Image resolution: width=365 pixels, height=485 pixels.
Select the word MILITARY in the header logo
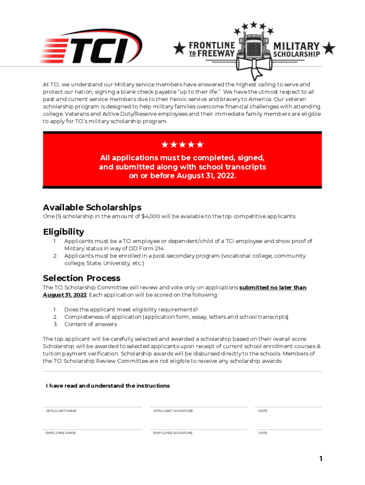297,46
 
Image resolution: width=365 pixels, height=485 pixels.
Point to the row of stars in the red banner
182,144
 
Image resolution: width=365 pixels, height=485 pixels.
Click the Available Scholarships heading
92,207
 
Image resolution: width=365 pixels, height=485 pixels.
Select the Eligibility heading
64,232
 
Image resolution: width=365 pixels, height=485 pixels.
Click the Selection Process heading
82,278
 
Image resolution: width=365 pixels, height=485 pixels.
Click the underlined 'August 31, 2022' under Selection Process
64,295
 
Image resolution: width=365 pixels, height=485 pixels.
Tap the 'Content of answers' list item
91,324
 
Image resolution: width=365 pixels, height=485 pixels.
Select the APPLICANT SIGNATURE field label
173,411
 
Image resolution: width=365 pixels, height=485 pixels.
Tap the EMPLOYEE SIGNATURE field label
173,433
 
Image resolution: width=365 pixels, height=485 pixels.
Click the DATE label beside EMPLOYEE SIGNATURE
263,433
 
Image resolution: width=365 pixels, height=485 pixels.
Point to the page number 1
321,458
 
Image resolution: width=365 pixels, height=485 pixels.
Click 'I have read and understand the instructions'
108,386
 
